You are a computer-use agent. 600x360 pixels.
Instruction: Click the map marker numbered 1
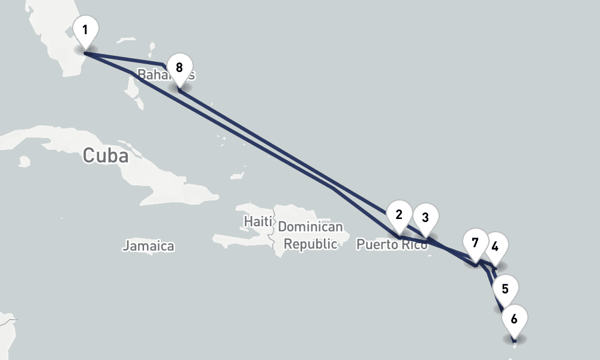85,30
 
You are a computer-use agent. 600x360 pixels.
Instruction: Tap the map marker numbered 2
399,215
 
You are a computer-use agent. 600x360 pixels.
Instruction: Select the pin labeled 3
425,217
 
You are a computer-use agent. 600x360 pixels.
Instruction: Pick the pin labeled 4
495,246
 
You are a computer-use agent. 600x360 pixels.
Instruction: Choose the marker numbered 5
505,289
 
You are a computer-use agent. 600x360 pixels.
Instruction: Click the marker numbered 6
514,319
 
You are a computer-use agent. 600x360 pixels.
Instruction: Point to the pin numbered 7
475,243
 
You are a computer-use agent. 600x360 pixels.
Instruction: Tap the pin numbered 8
179,67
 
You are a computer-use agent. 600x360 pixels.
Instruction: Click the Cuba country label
106,155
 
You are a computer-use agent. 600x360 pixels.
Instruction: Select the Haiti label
258,221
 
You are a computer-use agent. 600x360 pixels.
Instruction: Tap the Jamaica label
148,245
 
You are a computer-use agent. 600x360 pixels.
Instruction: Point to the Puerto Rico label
391,245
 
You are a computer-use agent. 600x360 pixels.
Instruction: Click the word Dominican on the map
310,227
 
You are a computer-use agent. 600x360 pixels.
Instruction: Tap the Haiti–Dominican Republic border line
274,231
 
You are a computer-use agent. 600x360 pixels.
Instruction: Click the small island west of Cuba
25,161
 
